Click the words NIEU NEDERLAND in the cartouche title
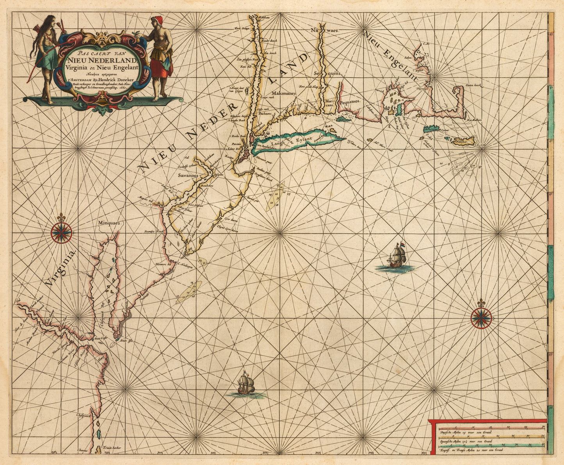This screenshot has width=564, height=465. (102, 60)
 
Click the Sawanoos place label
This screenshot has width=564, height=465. (189, 176)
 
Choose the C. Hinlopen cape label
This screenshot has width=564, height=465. (186, 265)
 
